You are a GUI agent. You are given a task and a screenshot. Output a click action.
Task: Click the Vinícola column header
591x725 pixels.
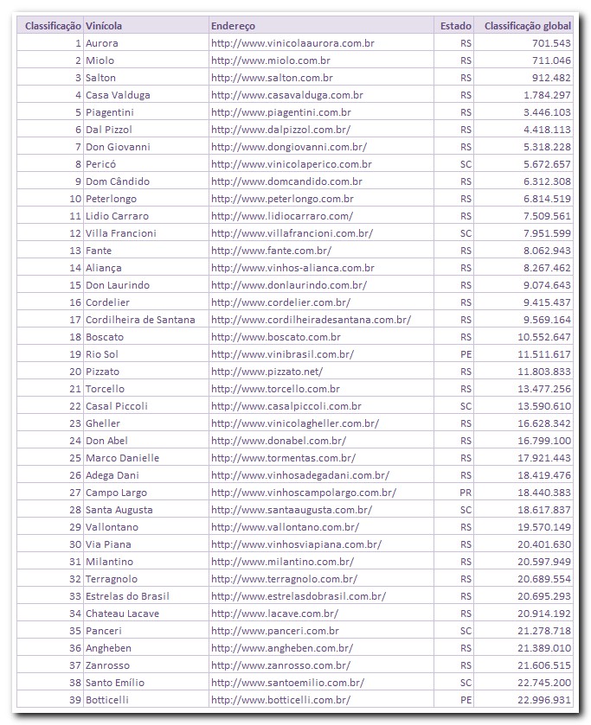(101, 26)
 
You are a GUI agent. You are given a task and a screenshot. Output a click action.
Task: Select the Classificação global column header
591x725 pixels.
(527, 26)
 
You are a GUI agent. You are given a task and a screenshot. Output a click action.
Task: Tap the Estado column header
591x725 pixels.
(455, 26)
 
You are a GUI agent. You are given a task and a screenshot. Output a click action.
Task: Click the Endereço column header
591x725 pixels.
(233, 26)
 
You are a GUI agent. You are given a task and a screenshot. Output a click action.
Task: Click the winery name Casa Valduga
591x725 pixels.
(117, 95)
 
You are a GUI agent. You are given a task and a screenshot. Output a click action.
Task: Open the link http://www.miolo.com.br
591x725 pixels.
(270, 60)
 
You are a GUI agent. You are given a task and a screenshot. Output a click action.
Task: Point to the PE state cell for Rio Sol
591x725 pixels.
(466, 354)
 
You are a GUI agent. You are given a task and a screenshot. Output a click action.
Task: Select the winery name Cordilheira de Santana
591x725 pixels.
(140, 320)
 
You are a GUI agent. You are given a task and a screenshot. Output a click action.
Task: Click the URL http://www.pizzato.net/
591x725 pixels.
(267, 372)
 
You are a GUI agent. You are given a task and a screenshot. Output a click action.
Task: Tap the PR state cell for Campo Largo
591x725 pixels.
(466, 493)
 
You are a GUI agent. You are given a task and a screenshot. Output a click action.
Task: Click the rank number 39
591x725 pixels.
(76, 700)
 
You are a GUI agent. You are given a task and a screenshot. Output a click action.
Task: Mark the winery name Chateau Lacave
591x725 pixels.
(122, 614)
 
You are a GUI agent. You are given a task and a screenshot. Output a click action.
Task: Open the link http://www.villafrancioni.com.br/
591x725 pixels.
(292, 233)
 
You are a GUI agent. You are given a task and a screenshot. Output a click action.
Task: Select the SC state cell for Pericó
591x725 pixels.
(466, 164)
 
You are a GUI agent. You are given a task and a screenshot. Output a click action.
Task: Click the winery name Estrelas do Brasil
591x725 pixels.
(127, 596)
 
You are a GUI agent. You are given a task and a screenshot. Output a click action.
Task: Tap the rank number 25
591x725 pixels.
(76, 458)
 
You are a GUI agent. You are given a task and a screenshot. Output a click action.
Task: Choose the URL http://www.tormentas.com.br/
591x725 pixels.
(283, 458)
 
